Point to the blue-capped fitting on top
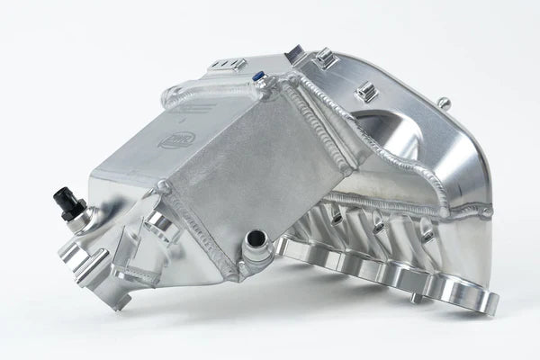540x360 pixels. click(x=262, y=80)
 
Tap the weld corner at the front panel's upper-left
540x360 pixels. click(x=164, y=187)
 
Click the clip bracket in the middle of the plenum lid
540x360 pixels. click(x=364, y=91)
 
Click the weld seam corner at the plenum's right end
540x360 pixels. click(x=487, y=211)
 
